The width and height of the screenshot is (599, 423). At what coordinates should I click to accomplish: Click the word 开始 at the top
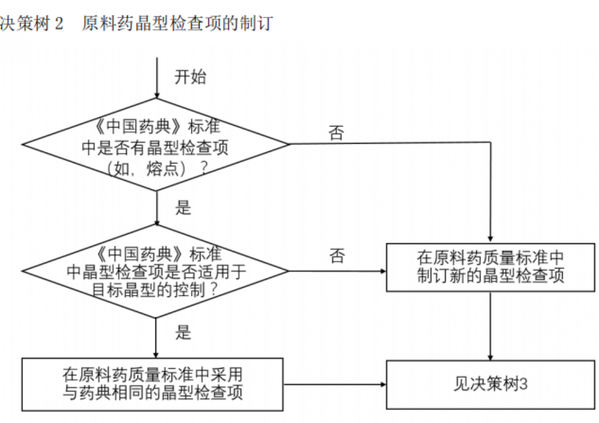pos(190,77)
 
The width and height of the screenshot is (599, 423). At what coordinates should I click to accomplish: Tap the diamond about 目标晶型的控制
pos(156,272)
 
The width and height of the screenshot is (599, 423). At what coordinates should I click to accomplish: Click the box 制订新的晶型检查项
pos(491,267)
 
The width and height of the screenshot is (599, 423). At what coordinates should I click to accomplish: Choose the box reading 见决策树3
pos(491,385)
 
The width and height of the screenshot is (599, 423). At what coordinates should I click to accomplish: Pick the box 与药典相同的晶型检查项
pos(153,384)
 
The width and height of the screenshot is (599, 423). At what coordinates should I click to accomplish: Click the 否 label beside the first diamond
pos(336,133)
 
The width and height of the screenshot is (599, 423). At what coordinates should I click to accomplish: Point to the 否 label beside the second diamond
pos(336,256)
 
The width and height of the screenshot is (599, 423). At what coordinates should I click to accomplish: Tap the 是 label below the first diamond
pos(183,207)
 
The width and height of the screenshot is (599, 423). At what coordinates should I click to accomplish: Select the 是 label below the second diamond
pos(183,332)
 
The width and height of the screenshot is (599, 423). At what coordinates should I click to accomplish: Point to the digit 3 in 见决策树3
pos(524,385)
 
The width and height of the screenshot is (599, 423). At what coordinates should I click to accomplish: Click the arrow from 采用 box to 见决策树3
pos(334,385)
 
